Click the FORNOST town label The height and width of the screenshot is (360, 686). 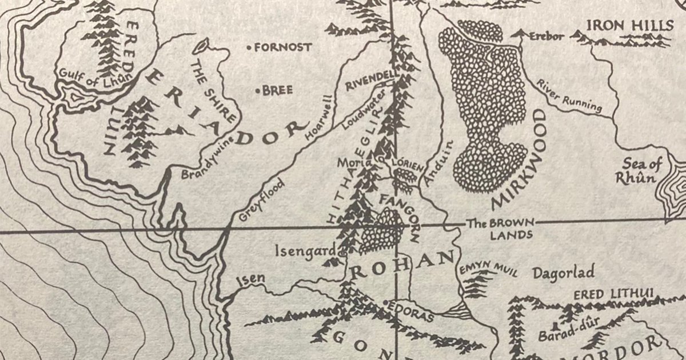(283, 47)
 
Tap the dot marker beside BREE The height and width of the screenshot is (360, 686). (258, 90)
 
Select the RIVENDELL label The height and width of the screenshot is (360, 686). (370, 80)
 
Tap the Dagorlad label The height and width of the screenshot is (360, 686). (563, 271)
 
